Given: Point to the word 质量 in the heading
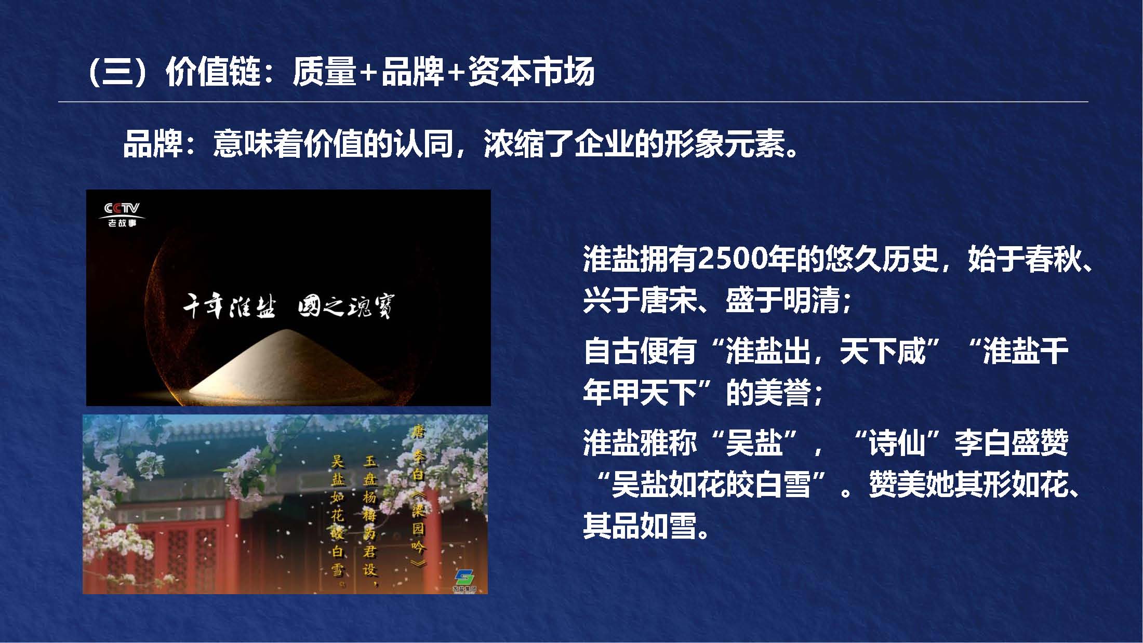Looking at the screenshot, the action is point(324,72).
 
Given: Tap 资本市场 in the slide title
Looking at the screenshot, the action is point(531,72).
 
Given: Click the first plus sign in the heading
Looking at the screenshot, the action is point(368,73).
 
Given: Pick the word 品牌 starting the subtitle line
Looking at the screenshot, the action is point(152,144).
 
